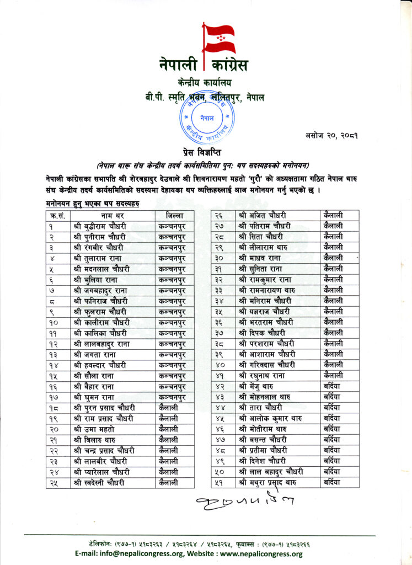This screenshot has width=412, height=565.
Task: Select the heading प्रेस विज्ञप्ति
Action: pos(206,152)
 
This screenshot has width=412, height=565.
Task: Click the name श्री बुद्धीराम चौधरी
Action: pos(100,226)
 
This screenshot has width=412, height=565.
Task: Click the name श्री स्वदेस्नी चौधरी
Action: pos(99,483)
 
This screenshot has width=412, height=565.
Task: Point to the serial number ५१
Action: pos(220,483)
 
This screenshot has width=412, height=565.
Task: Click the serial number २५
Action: pos(55,483)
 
